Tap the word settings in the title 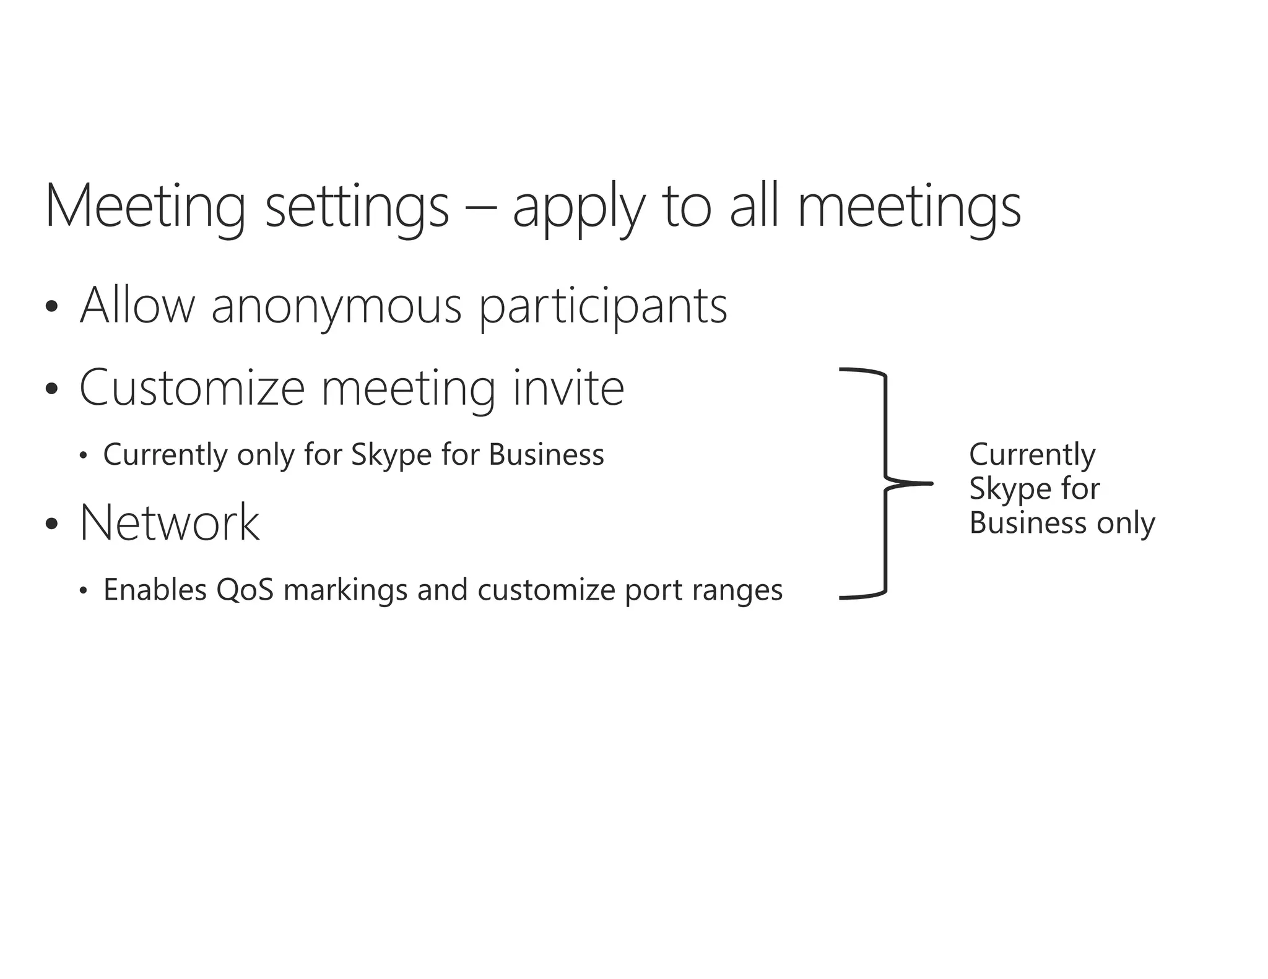coord(357,206)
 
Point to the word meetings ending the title coord(908,206)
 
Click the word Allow coord(137,304)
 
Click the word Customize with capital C coord(192,388)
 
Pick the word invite coord(568,388)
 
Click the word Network coord(170,523)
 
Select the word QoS coord(245,590)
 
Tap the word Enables coord(155,590)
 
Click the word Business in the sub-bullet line coord(546,455)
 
